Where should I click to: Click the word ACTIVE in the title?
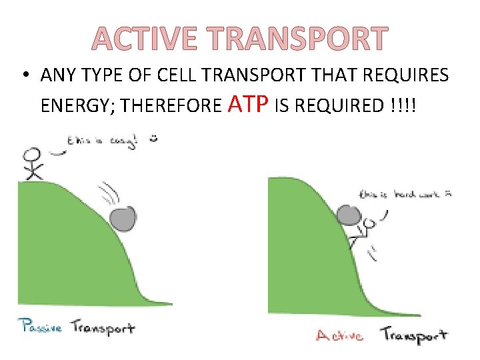tap(143, 39)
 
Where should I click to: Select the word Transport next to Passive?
tap(102, 327)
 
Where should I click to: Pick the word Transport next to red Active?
tap(413, 335)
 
